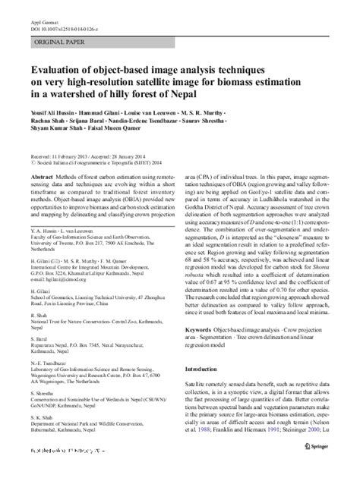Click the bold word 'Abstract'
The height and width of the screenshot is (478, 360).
41,175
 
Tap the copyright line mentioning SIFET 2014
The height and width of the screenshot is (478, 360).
94,162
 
